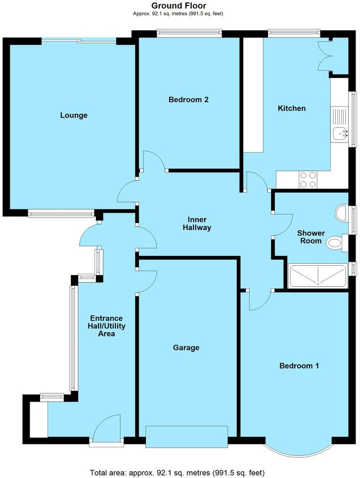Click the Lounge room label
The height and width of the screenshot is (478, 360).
tap(74, 115)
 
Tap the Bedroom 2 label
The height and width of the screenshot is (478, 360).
tap(188, 99)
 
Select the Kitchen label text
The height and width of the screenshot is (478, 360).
tap(292, 108)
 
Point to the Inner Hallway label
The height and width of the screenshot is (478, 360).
tap(197, 224)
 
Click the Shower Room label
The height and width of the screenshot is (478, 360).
tap(311, 237)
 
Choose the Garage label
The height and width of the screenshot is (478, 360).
tap(186, 347)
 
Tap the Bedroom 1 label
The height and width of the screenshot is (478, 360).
tap(299, 366)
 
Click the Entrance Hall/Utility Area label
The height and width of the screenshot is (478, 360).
tap(107, 326)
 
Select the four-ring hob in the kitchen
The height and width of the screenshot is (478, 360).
tap(308, 180)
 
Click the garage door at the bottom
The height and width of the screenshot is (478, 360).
tap(187, 436)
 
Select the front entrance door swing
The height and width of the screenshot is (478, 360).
tap(107, 429)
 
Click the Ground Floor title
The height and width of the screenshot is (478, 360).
tap(179, 5)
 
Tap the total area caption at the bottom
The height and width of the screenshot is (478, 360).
tap(178, 473)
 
